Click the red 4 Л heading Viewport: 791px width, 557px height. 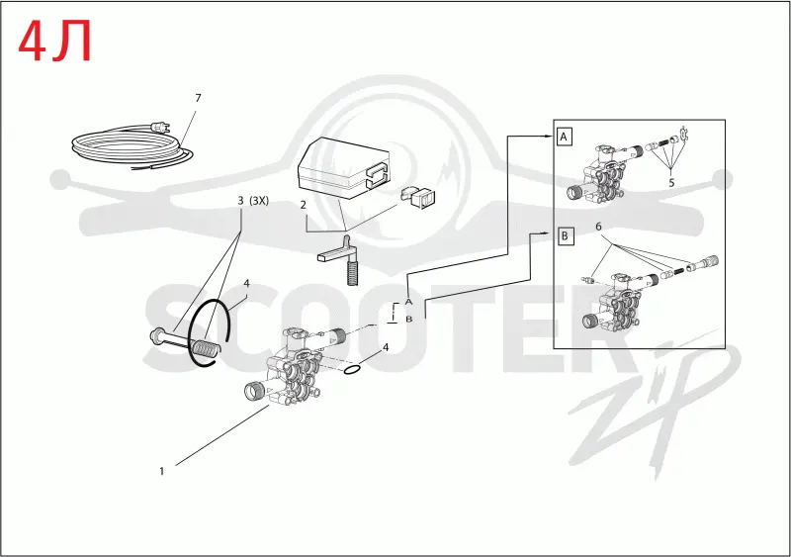pos(55,42)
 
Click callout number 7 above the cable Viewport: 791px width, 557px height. pos(198,98)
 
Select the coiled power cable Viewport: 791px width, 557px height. pos(132,147)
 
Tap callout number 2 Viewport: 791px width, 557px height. pos(304,205)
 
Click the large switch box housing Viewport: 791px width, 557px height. pos(344,166)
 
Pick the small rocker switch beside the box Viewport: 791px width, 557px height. pos(419,197)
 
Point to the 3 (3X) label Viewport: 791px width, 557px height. pos(253,201)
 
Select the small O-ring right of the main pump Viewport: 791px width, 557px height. pos(352,371)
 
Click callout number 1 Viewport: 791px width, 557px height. pos(162,471)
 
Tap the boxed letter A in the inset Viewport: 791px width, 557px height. pos(564,137)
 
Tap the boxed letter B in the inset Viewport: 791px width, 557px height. pos(565,235)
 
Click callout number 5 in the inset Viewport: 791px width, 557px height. pos(671,183)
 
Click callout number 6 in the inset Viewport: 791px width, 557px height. pos(598,227)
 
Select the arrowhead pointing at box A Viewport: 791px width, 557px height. pos(550,136)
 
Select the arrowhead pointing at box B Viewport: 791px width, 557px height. pos(550,232)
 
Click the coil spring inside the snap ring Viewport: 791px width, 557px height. pos(206,348)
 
